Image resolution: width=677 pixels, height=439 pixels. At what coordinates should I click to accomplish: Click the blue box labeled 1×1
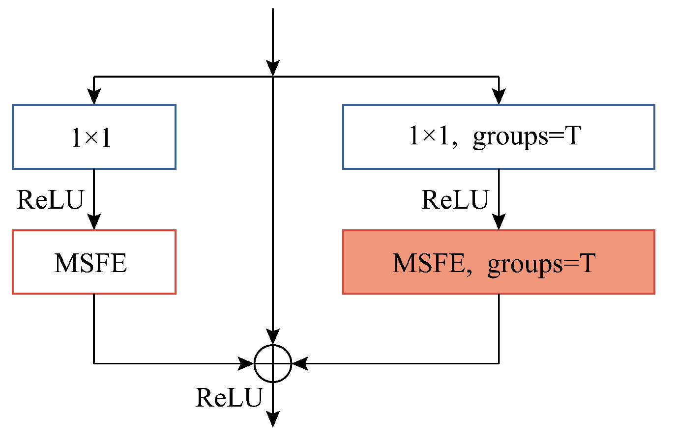94,137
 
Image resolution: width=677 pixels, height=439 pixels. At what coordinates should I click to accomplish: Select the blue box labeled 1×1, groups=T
499,137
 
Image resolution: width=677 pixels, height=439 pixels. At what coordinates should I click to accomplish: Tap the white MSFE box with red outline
94,262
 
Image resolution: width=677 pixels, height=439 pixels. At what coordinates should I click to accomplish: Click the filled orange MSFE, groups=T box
499,262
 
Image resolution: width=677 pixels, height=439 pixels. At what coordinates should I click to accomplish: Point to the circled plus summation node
273,364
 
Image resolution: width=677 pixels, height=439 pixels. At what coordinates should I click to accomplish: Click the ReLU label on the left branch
50,200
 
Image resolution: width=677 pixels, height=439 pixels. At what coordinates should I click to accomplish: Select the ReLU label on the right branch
455,200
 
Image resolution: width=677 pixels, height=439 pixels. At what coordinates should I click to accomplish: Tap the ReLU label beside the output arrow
229,397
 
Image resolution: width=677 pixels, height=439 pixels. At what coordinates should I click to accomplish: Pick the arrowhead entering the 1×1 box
94,97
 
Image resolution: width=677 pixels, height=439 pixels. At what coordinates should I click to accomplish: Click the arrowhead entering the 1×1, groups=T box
499,97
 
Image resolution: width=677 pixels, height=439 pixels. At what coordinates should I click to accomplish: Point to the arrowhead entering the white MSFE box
94,222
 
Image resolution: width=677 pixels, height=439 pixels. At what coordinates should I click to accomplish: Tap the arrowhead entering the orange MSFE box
499,222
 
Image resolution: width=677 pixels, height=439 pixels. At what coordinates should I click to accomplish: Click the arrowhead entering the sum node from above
273,337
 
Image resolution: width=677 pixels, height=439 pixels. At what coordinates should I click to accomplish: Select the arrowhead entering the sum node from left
246,364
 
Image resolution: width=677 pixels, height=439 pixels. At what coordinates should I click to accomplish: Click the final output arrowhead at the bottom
273,419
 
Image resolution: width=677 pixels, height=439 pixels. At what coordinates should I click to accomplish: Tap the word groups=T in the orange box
541,264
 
